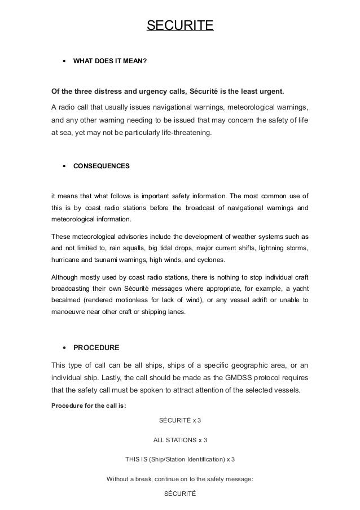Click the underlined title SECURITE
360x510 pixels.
tap(180, 26)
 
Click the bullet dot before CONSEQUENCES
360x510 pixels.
tap(64, 167)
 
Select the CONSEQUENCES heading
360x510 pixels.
tap(101, 167)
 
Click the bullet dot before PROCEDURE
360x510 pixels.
tap(64, 347)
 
